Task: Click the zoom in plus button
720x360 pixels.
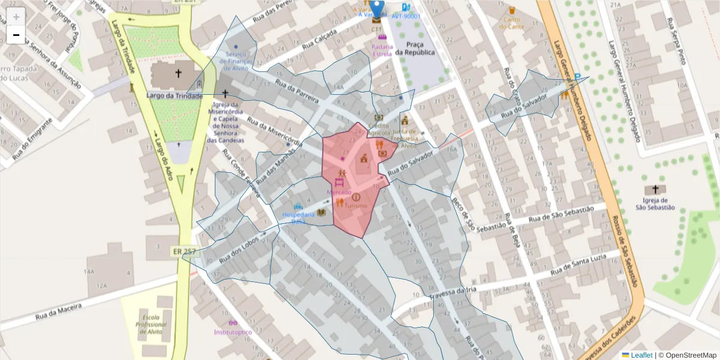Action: click(16, 17)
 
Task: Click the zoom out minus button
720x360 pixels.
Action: click(16, 35)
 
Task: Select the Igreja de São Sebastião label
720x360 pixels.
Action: click(655, 204)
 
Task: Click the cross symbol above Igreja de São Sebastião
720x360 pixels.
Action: click(655, 190)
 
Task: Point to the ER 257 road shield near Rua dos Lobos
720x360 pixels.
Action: click(184, 251)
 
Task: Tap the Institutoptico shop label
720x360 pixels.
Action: click(233, 332)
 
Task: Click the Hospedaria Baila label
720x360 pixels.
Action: click(298, 217)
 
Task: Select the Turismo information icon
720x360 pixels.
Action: click(356, 197)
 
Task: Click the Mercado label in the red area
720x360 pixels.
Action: click(338, 192)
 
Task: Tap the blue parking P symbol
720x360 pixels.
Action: click(578, 77)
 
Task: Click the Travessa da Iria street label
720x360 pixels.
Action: click(454, 292)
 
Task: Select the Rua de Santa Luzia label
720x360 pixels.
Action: click(585, 264)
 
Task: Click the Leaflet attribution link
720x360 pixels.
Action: click(641, 355)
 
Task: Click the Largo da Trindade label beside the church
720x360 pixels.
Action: click(174, 95)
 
